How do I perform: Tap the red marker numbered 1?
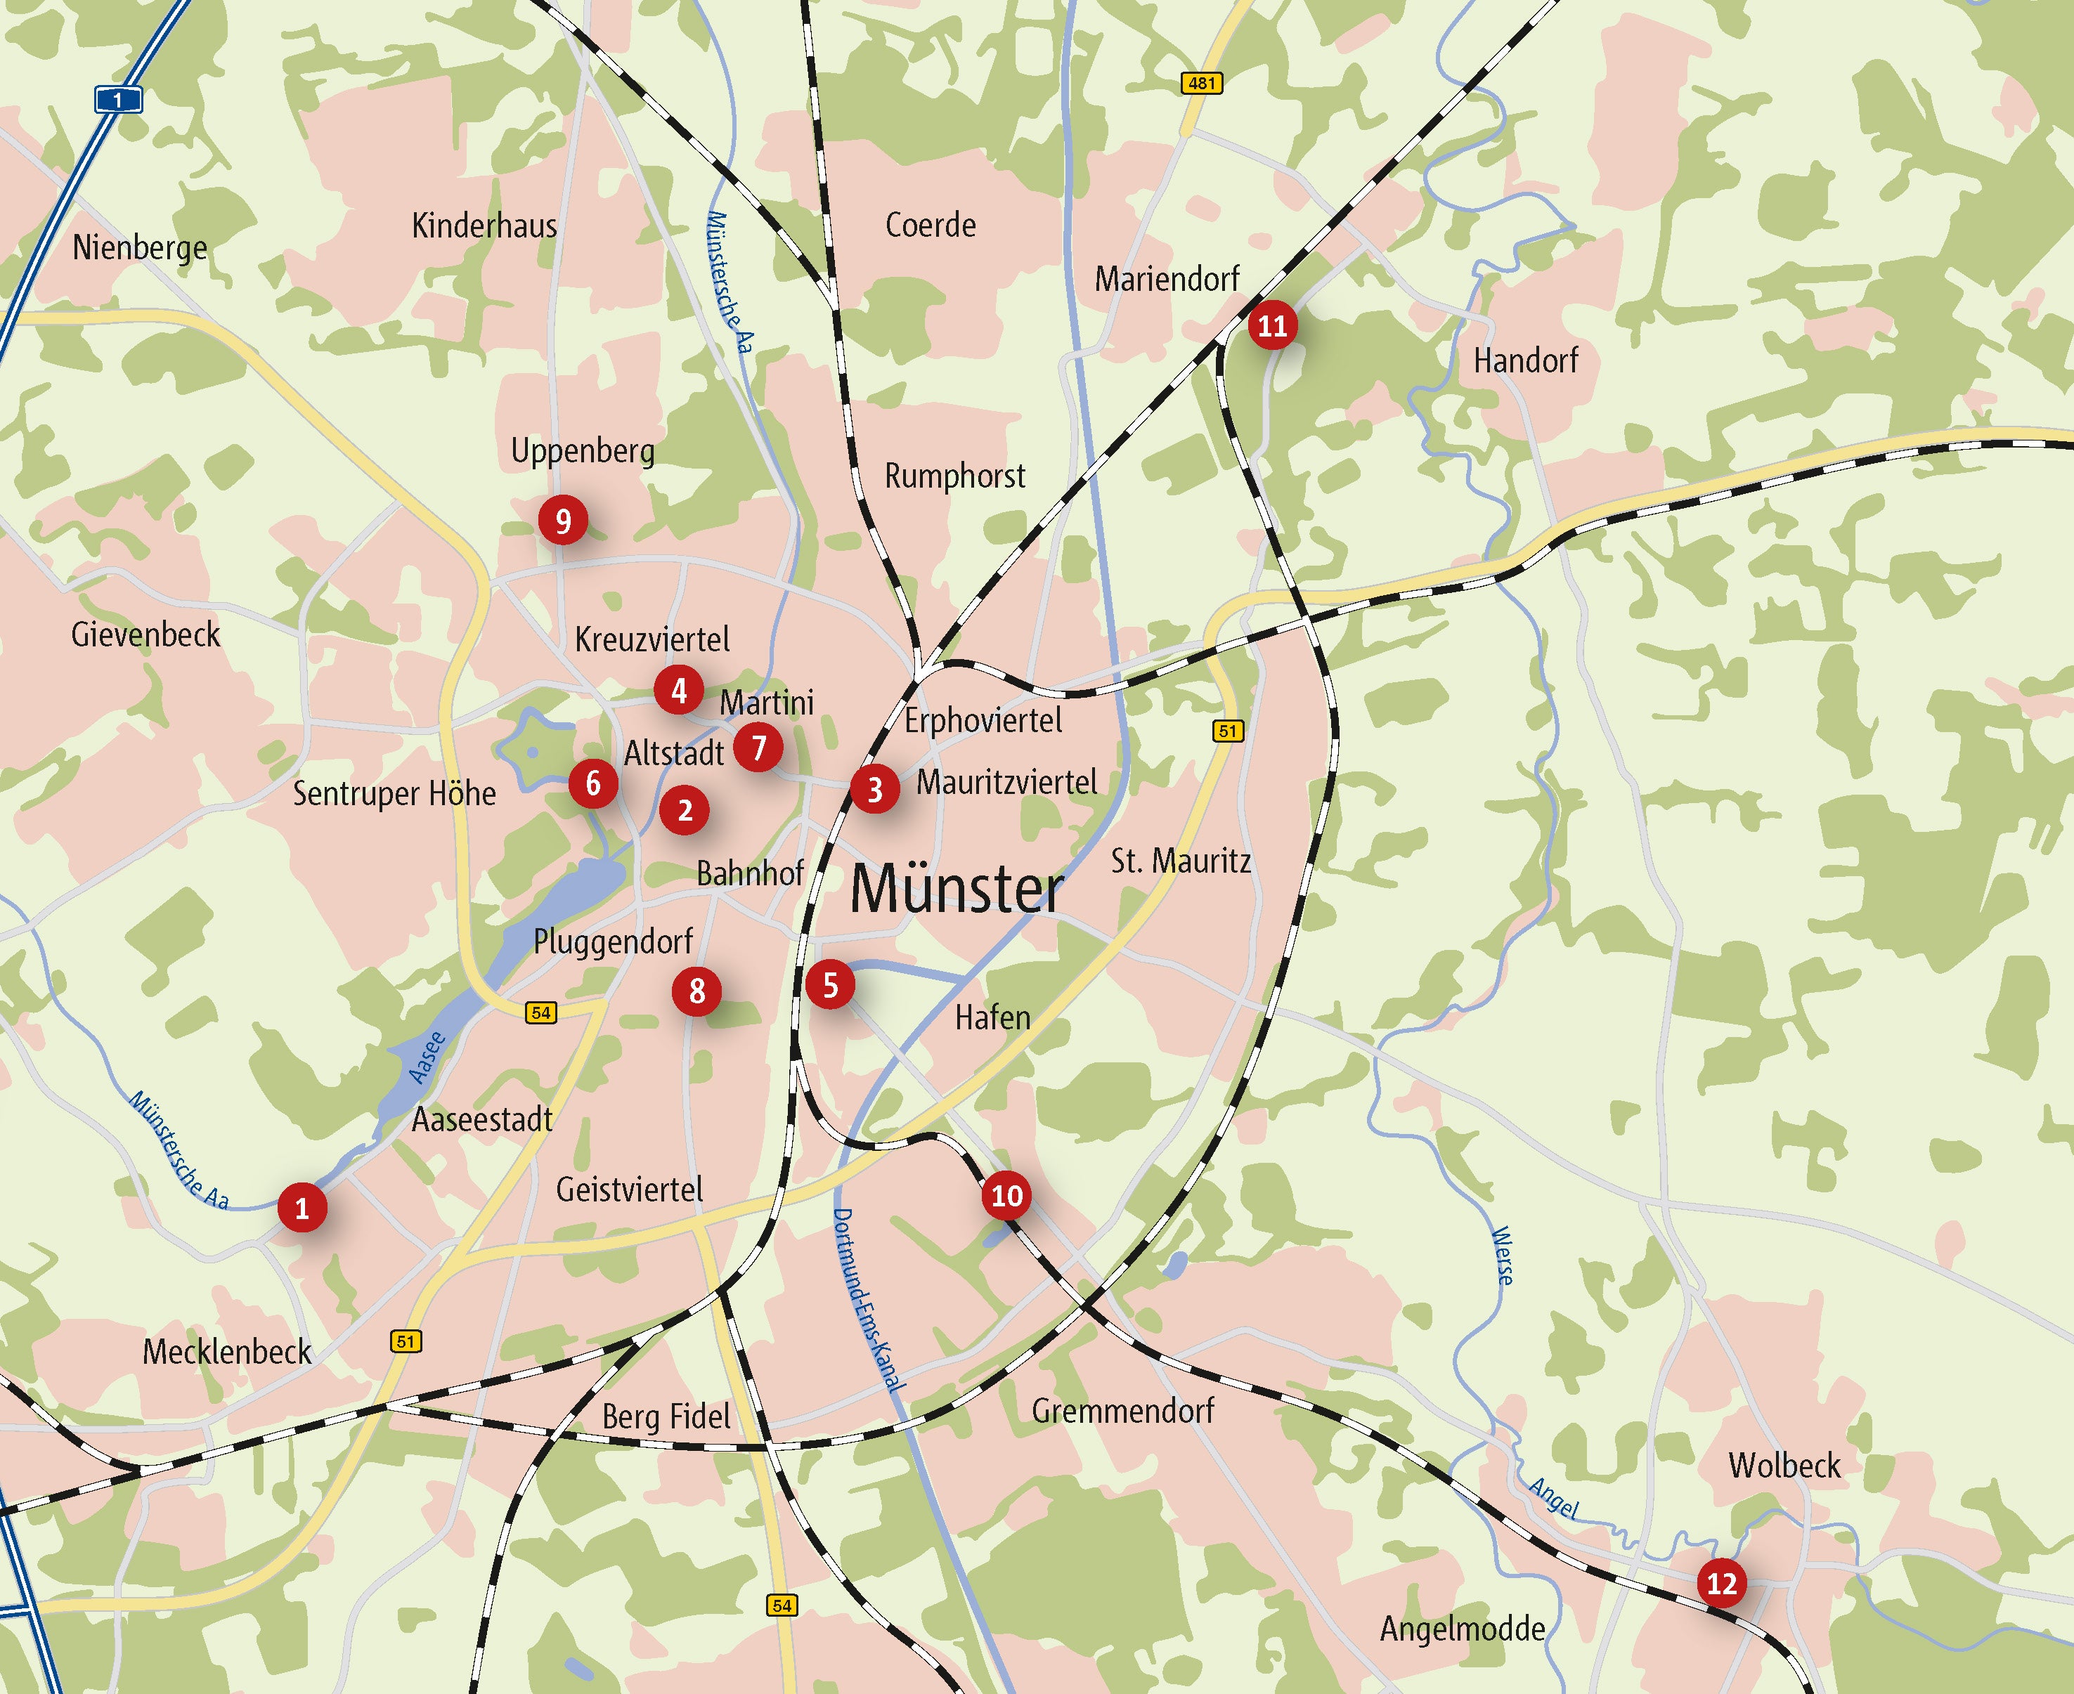click(302, 1208)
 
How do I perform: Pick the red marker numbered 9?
click(563, 521)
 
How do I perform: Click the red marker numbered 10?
click(1006, 1195)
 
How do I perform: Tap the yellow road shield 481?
click(1201, 84)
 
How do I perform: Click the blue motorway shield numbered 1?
click(118, 100)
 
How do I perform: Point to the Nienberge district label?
click(140, 248)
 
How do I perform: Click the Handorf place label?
click(1526, 361)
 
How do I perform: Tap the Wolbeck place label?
click(1784, 1466)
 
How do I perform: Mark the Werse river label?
click(1503, 1256)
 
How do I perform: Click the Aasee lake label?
click(427, 1057)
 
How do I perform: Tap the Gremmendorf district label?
click(1122, 1411)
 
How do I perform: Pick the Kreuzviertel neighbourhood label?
click(652, 640)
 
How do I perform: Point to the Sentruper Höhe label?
click(394, 793)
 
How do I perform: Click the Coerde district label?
click(930, 226)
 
